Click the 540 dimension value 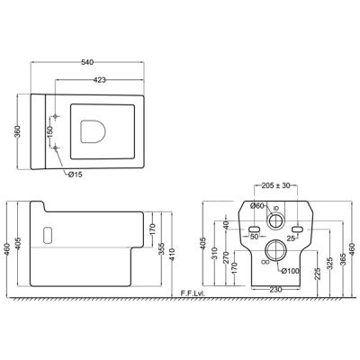pos(87,62)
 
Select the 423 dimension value pos(100,80)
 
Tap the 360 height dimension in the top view pos(18,131)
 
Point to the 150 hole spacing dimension pos(49,131)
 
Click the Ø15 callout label pos(75,175)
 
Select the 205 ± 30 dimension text pos(275,185)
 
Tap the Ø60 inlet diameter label pos(256,206)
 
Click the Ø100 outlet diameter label pos(291,271)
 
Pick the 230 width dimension pos(275,290)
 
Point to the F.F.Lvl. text pos(193,293)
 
